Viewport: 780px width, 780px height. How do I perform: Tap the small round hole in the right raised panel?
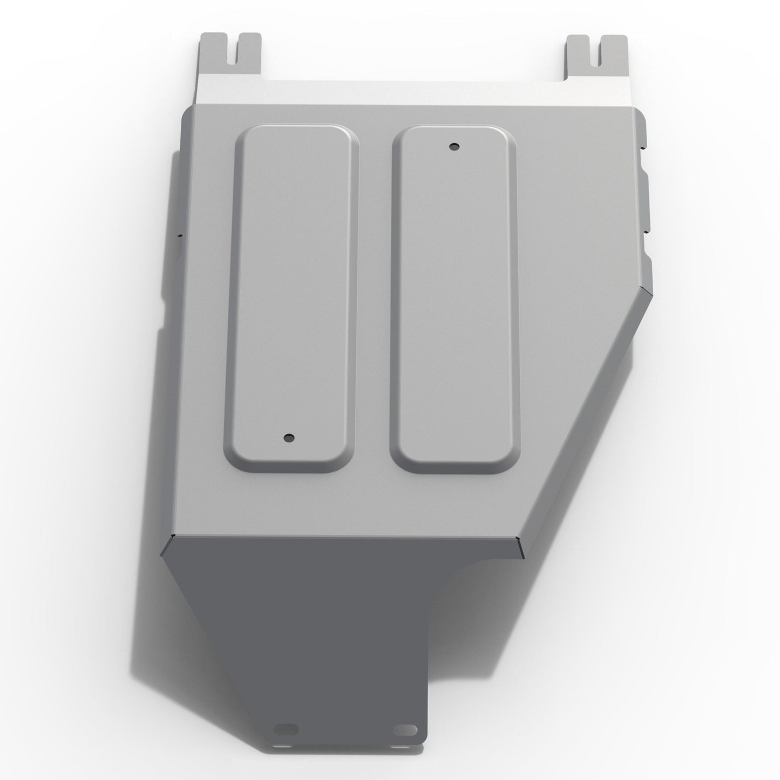[453, 146]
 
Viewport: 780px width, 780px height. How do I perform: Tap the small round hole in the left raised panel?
[290, 438]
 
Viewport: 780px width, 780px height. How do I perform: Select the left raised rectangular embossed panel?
[291, 297]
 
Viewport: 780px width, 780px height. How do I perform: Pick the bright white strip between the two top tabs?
[416, 92]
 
